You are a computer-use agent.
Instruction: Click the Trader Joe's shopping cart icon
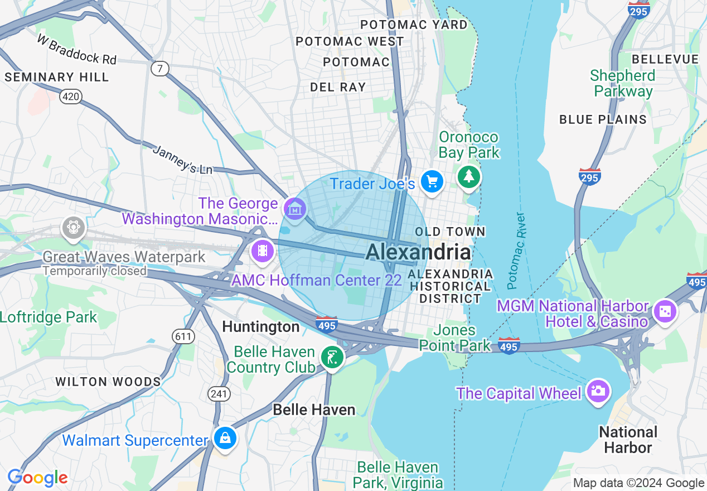(x=432, y=181)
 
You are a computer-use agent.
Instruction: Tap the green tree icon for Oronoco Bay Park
(x=469, y=177)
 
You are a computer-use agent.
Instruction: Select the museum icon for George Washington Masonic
(x=294, y=209)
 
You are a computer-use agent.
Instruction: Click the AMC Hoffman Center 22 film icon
(x=263, y=251)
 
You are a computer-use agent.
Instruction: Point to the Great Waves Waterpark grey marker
(x=74, y=228)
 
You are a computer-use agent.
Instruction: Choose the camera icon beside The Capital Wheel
(x=597, y=391)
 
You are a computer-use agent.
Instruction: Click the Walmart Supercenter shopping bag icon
(x=224, y=439)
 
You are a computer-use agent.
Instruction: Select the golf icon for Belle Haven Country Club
(x=332, y=357)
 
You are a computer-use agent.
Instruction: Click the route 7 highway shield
(x=160, y=69)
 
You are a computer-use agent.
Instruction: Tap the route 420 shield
(x=71, y=97)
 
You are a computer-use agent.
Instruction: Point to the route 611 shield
(x=183, y=336)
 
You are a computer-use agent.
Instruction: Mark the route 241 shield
(x=219, y=394)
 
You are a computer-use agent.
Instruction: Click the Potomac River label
(x=516, y=251)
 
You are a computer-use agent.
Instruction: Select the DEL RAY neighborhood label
(x=338, y=87)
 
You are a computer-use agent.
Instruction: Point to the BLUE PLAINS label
(x=603, y=119)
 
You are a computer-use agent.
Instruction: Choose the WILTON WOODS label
(x=108, y=382)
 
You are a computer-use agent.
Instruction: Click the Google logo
(x=37, y=478)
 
